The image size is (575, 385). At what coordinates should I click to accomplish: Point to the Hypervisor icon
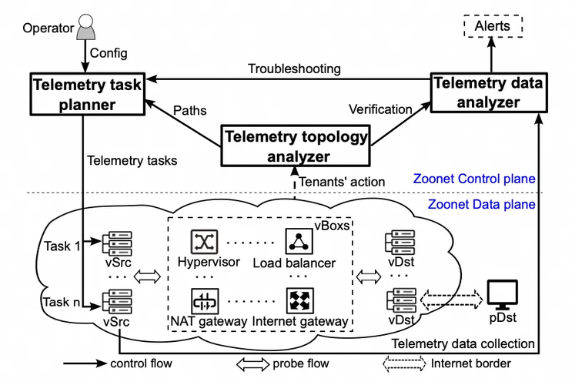tap(206, 243)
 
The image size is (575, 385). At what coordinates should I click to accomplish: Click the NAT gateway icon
tap(206, 300)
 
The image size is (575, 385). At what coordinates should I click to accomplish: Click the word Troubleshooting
tap(293, 69)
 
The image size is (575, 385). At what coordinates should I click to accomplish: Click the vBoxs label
tap(333, 226)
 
